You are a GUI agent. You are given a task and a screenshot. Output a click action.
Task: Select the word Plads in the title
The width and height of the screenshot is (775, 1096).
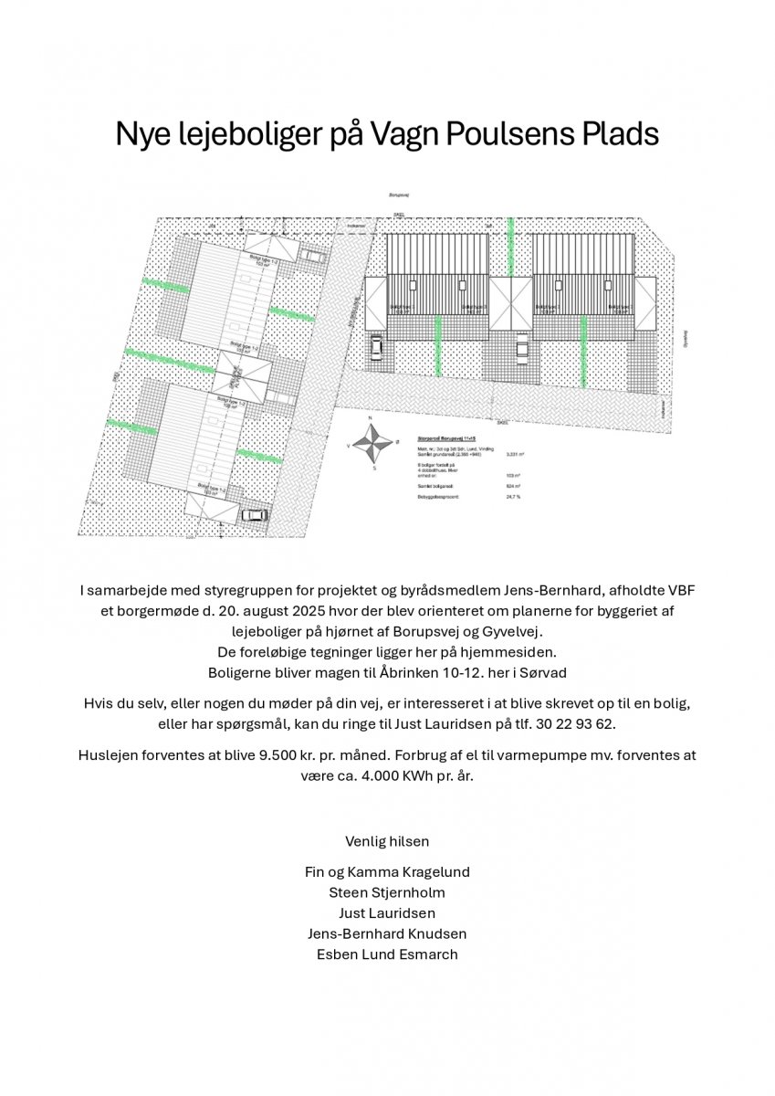(619, 134)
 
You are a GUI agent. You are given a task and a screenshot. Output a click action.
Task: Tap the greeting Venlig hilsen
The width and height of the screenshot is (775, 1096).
(387, 840)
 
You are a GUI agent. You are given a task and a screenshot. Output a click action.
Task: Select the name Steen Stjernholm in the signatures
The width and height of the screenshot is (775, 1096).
(387, 892)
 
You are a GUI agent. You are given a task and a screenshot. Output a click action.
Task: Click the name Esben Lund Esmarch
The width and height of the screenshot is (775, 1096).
(387, 954)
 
